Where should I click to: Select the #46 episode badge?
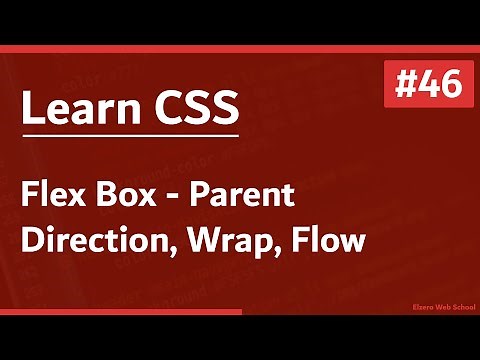[422, 85]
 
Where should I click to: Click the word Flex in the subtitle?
[51, 195]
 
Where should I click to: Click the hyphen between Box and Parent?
[171, 199]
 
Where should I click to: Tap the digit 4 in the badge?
[424, 85]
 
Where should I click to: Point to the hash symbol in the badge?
[399, 85]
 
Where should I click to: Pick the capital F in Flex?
[30, 195]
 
